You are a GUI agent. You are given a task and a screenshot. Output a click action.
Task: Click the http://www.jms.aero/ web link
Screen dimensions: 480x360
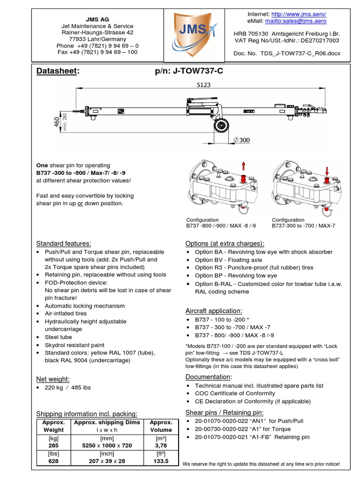click(x=306, y=14)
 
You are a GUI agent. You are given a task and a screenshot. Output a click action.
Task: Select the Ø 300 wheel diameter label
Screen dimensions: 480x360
click(x=241, y=140)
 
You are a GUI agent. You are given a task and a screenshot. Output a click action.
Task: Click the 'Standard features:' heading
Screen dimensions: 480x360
click(x=64, y=243)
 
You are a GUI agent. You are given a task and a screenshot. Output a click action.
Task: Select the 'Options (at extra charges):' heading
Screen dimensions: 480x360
click(x=225, y=243)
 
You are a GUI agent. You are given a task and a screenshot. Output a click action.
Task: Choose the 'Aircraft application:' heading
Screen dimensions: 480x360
click(x=214, y=311)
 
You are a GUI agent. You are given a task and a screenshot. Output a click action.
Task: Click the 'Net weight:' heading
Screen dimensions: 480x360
click(x=53, y=379)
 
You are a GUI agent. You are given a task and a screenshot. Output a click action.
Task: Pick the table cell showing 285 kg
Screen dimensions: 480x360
click(x=53, y=445)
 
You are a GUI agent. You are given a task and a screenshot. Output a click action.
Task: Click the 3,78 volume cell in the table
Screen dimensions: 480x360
click(x=161, y=445)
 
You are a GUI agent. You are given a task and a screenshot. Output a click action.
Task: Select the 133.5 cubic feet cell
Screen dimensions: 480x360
click(x=161, y=461)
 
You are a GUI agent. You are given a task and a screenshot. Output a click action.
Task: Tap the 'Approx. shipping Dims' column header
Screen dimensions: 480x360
click(x=107, y=422)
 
